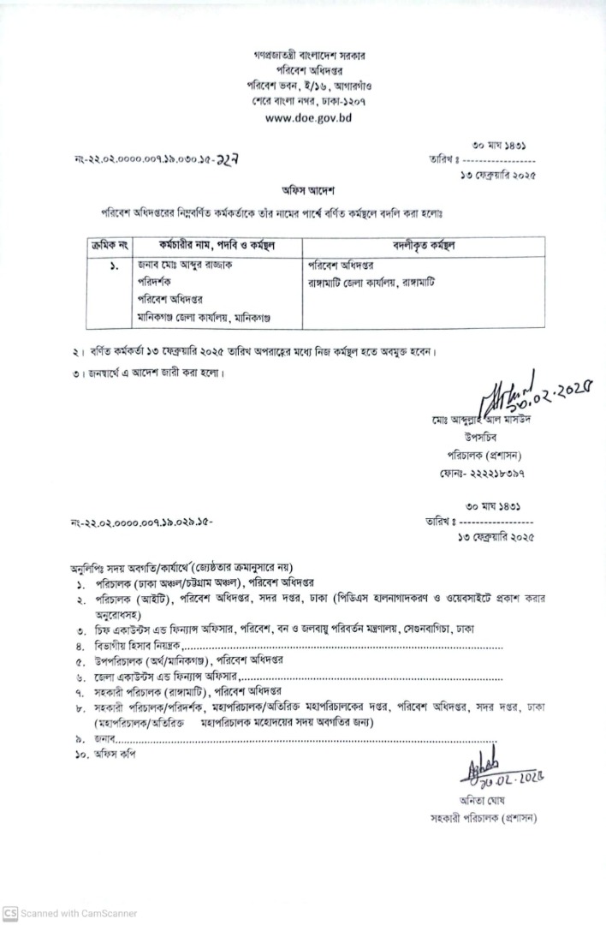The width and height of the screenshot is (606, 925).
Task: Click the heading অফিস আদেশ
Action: pyautogui.click(x=306, y=190)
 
